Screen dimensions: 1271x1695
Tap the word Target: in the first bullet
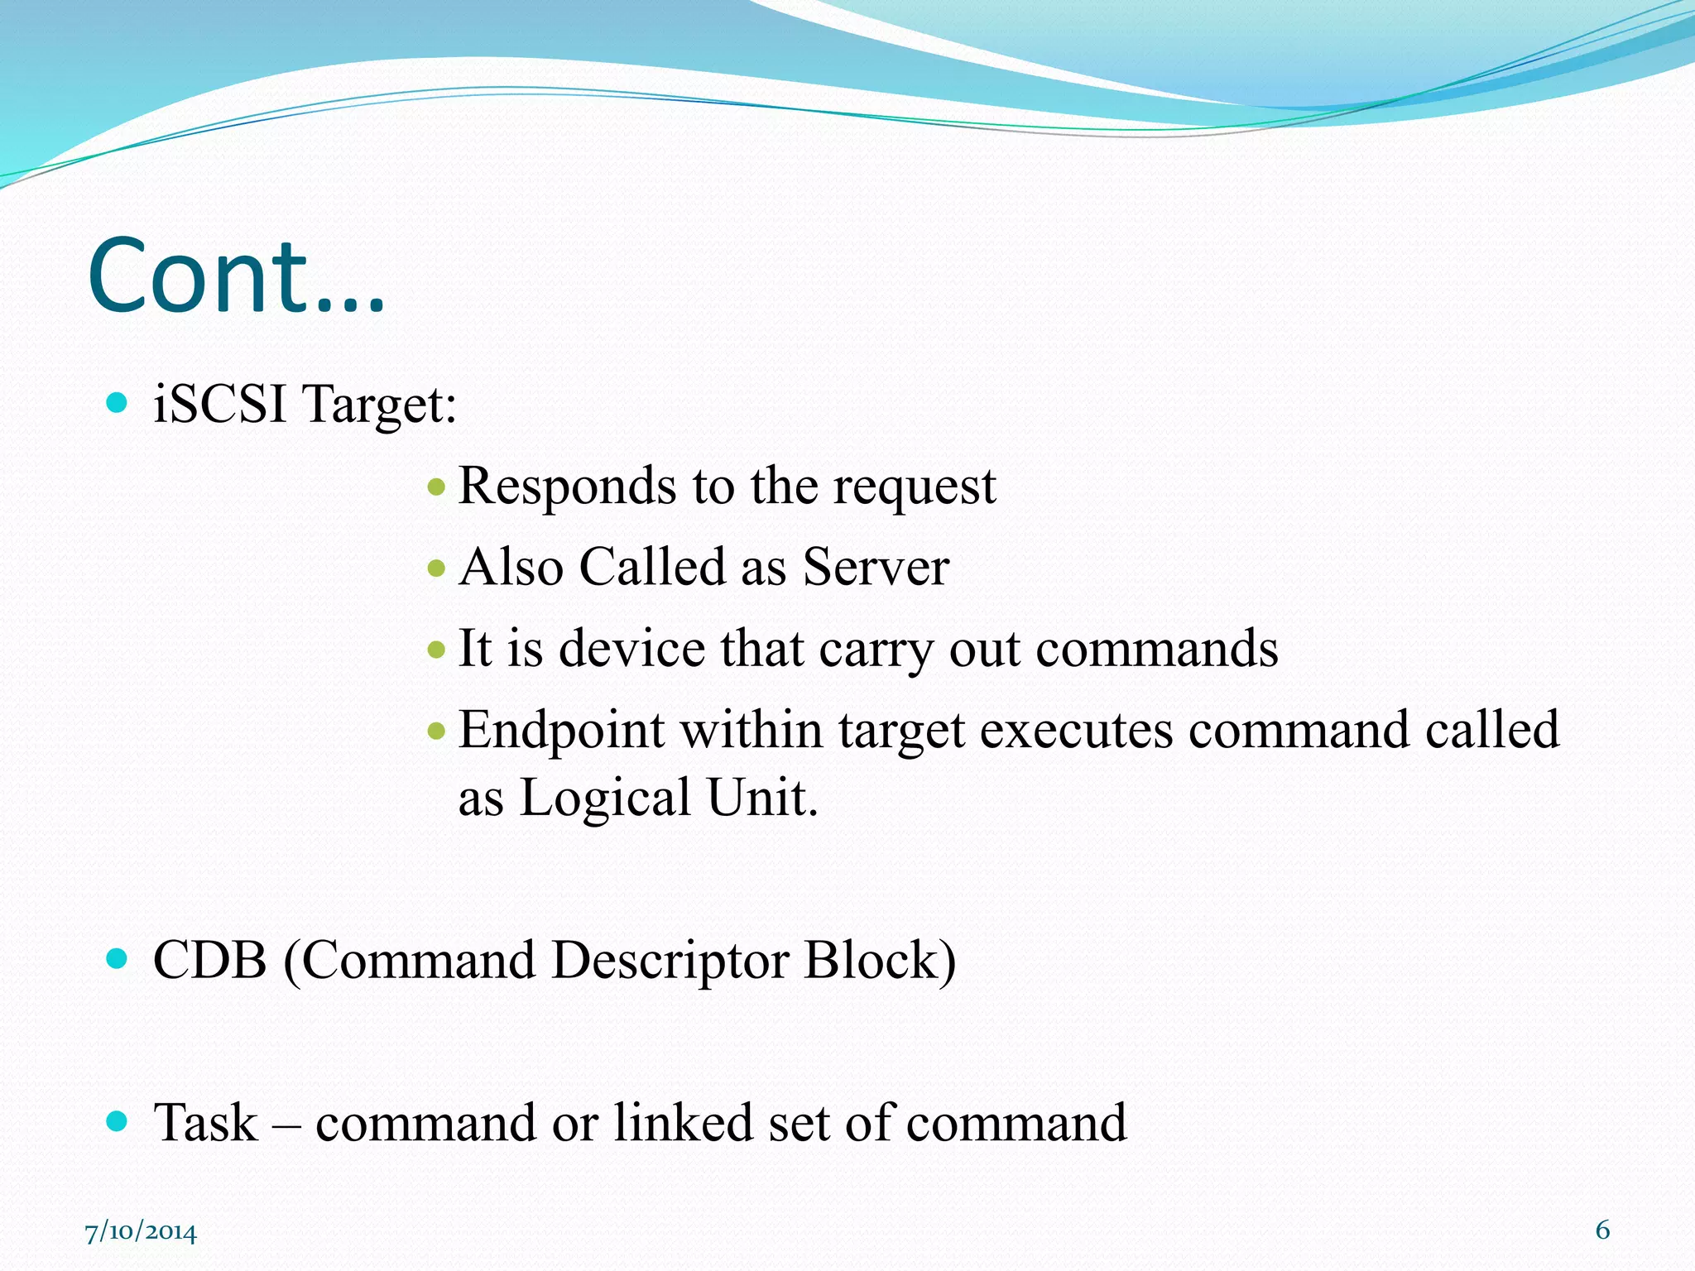379,406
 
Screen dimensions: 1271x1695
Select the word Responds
567,487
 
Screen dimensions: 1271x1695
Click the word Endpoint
561,731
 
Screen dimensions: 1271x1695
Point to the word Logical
604,798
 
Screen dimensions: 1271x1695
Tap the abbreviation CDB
210,961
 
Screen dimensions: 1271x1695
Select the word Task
206,1123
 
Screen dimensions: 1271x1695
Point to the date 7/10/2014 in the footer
141,1232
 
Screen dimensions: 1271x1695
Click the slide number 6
1602,1230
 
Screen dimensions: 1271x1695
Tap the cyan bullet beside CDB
118,959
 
